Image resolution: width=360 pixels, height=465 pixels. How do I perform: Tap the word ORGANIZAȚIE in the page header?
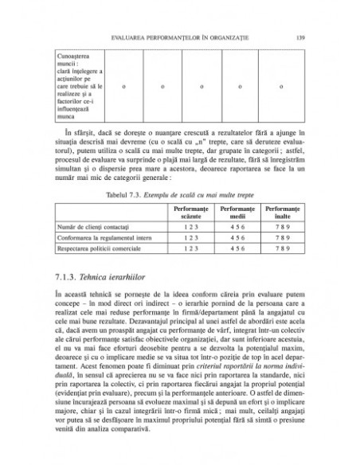point(244,36)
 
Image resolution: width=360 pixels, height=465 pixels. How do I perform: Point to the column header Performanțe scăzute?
point(190,209)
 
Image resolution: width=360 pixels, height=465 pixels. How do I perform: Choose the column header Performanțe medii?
point(237,209)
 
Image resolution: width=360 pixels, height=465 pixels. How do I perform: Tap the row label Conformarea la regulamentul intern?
point(108,238)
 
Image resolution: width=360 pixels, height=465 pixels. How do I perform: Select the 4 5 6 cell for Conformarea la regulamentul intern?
point(237,238)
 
